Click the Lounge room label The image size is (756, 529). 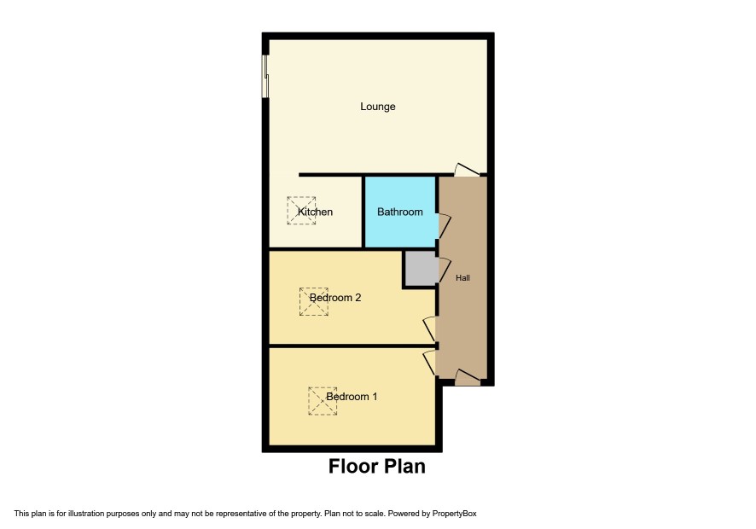pos(377,107)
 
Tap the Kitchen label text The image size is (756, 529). pos(315,212)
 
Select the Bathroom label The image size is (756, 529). pos(399,212)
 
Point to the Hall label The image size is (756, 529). pos(462,278)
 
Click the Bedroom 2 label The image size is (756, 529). pos(335,298)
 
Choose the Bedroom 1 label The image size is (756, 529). pos(352,397)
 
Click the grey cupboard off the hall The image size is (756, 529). pos(421,268)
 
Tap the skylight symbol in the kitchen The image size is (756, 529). pos(301,210)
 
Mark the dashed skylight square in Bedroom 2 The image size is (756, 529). pos(314,302)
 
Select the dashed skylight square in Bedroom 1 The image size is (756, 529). pos(323,401)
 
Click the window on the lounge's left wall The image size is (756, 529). pos(265,76)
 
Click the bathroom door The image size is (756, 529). pos(444,226)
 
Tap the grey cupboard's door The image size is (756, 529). pos(444,270)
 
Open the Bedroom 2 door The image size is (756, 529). pos(429,328)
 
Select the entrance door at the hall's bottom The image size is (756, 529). pos(468,378)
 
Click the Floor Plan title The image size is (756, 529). pos(377,467)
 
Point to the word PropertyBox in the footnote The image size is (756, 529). pos(454,514)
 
